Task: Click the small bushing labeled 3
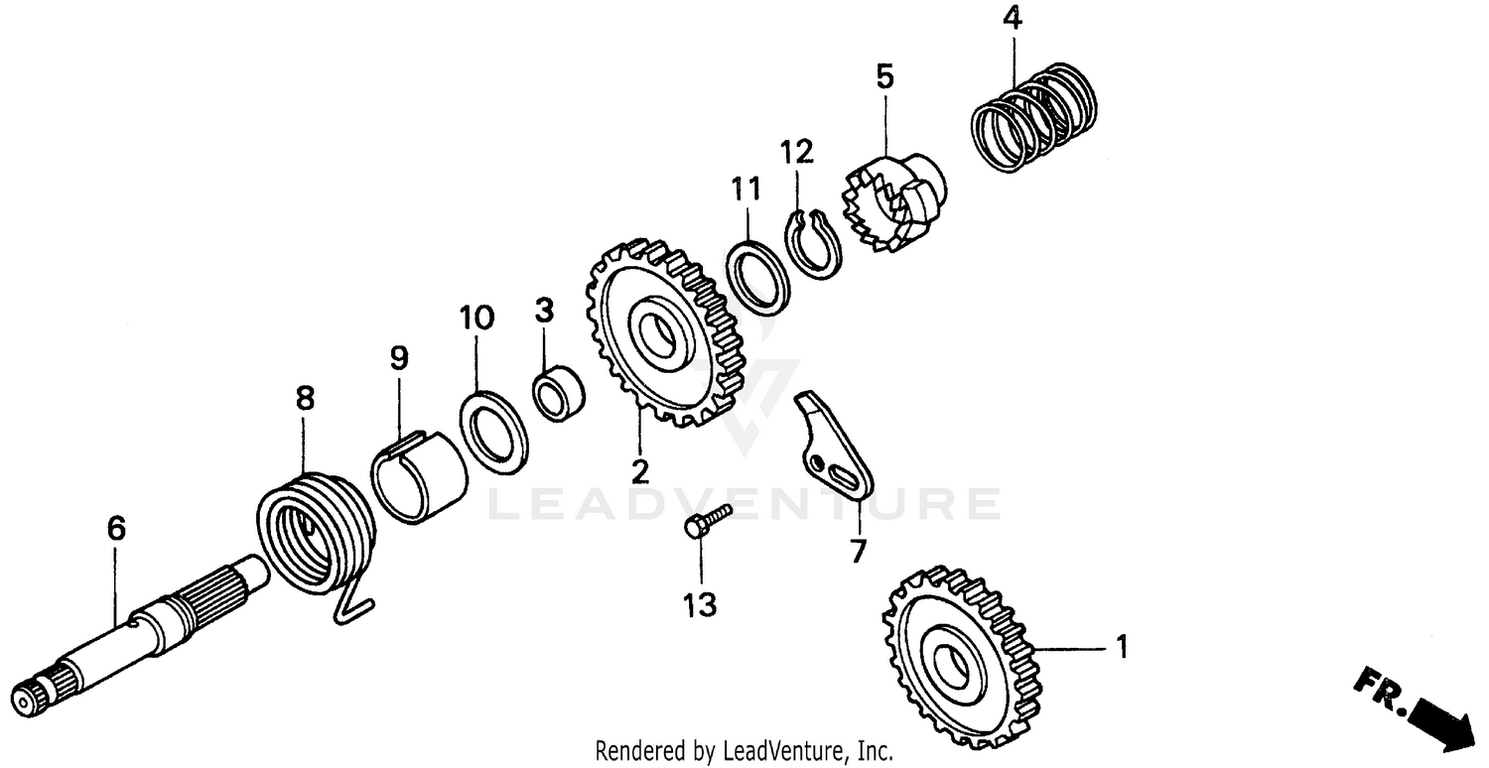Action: (x=559, y=394)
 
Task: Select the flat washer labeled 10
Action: (x=493, y=428)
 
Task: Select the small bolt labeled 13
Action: (x=706, y=522)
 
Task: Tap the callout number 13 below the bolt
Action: (x=700, y=604)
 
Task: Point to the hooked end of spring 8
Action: (x=350, y=606)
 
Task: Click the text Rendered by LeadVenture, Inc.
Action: (x=744, y=750)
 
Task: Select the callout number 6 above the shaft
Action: (x=116, y=530)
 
